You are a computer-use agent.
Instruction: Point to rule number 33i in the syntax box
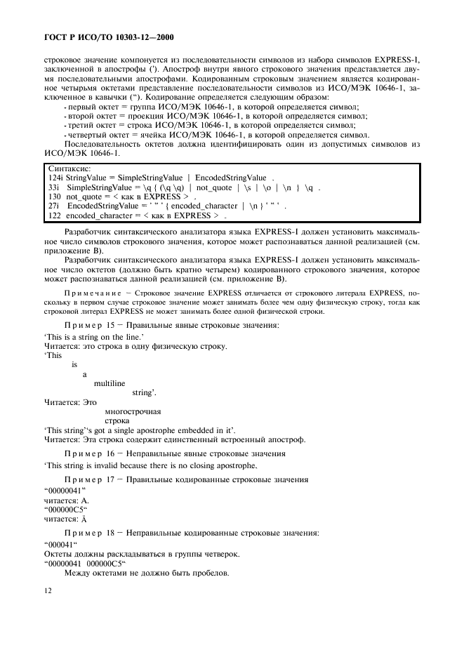click(53, 189)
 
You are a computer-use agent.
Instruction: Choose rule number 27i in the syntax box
click(53, 208)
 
